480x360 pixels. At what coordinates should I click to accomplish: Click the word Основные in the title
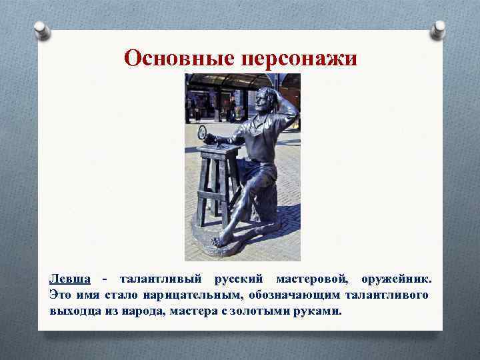coord(176,59)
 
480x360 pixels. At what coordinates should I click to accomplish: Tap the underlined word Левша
coord(69,277)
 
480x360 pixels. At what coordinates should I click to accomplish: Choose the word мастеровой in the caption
coord(313,277)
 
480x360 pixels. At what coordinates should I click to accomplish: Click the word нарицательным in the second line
coord(187,294)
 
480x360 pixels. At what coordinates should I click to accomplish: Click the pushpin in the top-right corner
coord(438,29)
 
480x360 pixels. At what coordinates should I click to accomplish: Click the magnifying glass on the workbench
coord(202,132)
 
